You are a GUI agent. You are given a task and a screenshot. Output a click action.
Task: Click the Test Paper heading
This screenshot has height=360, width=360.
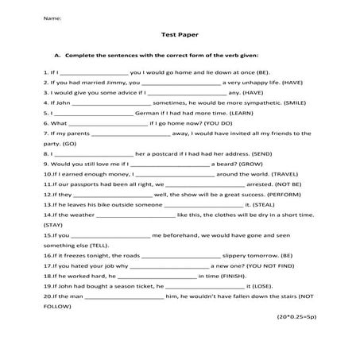179,35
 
